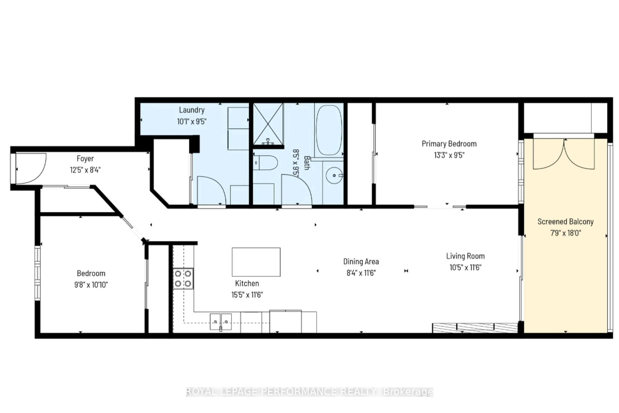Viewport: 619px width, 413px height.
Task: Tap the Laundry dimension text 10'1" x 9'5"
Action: pyautogui.click(x=192, y=121)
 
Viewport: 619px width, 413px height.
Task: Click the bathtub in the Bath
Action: pyautogui.click(x=329, y=130)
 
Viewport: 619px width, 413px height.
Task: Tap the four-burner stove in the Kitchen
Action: pyautogui.click(x=183, y=278)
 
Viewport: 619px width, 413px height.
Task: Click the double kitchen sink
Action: pyautogui.click(x=221, y=322)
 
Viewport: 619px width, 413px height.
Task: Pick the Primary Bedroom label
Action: pyautogui.click(x=449, y=144)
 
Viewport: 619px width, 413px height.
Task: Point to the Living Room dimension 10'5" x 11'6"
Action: pyautogui.click(x=465, y=268)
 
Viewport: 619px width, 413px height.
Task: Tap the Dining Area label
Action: pyautogui.click(x=361, y=262)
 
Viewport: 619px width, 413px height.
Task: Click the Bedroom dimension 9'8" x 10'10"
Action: pyautogui.click(x=91, y=285)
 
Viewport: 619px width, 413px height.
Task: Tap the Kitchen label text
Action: pyautogui.click(x=247, y=283)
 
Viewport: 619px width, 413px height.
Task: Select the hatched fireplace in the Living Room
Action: pyautogui.click(x=475, y=328)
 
